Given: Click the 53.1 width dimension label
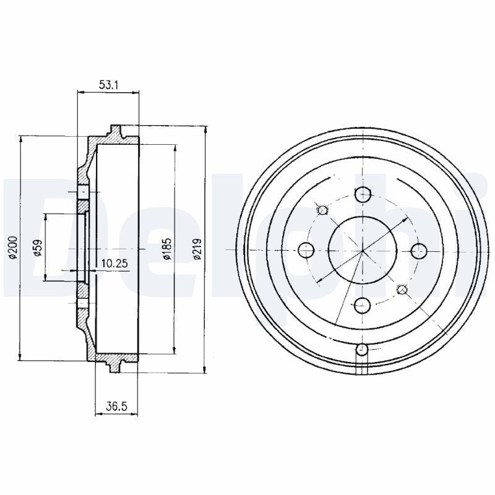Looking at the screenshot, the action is point(108,85).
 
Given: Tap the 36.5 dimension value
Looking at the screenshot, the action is point(116,407).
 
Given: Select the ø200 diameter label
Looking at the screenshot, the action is point(13,248).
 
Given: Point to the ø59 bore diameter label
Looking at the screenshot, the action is point(38,248).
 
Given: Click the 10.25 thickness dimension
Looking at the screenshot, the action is point(114,263).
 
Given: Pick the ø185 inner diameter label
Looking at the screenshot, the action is point(167,249).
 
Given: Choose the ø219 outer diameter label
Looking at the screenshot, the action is point(197,249).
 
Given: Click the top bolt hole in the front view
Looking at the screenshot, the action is point(363,194).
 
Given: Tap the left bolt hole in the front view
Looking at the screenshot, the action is point(306,251).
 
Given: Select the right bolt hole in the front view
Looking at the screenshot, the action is point(420,251).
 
